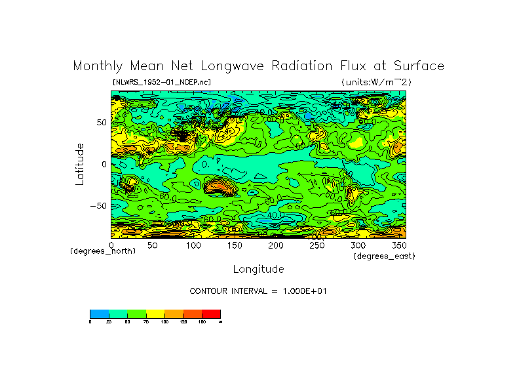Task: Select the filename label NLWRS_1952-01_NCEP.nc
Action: click(162, 82)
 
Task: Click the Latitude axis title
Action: click(79, 164)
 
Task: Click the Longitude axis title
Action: click(258, 269)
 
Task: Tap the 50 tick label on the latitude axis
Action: click(101, 123)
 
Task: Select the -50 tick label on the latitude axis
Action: click(98, 205)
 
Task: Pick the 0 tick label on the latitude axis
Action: click(104, 164)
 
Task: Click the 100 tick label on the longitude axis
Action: click(193, 245)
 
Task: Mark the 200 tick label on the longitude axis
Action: click(276, 245)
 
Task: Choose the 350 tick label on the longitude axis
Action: click(399, 245)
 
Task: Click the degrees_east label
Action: click(384, 256)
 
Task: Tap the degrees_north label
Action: click(103, 251)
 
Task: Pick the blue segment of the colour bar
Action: click(99, 314)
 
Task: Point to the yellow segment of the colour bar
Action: click(155, 314)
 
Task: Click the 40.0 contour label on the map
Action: click(275, 214)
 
